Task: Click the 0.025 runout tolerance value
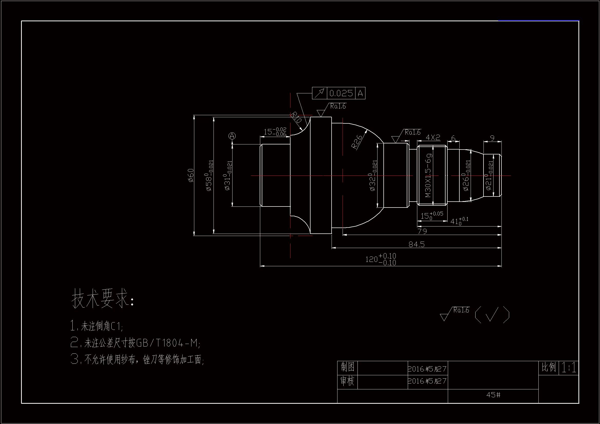[x=341, y=93]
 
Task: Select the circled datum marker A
[x=232, y=136]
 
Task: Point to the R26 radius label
[x=356, y=142]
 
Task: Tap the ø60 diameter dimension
[x=191, y=175]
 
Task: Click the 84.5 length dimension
[x=417, y=244]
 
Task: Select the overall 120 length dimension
[x=381, y=259]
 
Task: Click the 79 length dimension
[x=422, y=231]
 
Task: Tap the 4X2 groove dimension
[x=433, y=137]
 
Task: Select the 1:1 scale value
[x=569, y=368]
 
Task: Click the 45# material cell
[x=493, y=395]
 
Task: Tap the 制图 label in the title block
[x=347, y=367]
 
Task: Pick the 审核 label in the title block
[x=347, y=381]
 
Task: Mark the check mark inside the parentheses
[x=492, y=314]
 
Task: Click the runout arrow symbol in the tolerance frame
[x=319, y=93]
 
